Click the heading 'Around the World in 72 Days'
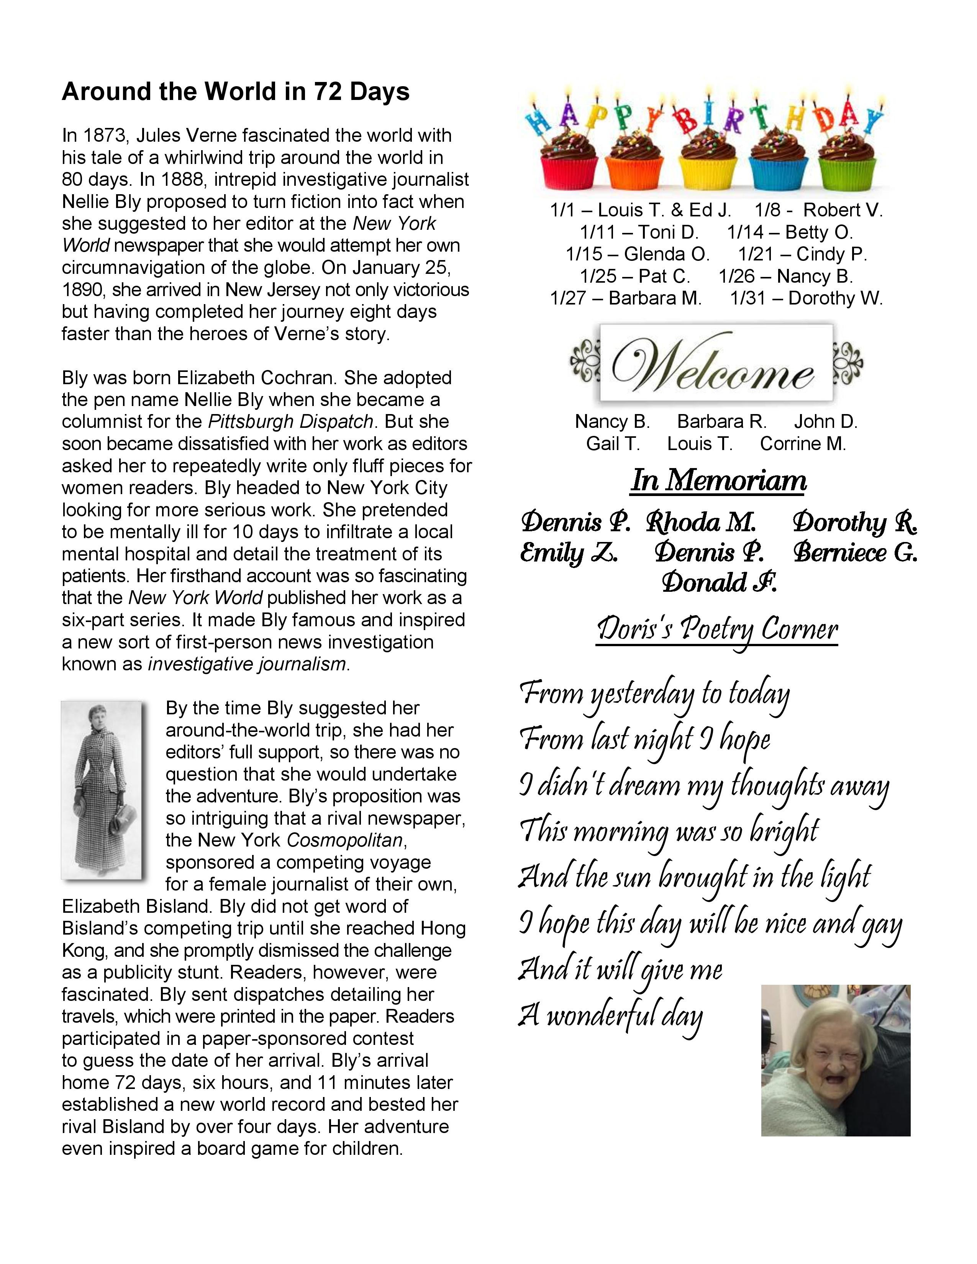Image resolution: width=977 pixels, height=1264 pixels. coord(236,92)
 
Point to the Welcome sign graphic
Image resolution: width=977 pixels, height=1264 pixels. coord(716,363)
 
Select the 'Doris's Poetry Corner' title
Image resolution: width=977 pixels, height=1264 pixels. coord(717,630)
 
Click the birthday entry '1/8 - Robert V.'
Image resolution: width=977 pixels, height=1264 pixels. coord(818,210)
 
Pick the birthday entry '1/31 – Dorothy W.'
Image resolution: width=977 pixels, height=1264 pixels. coord(806,299)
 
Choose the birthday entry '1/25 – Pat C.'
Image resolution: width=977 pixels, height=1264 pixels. coord(635,277)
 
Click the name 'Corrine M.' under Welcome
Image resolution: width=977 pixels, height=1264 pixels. coord(803,444)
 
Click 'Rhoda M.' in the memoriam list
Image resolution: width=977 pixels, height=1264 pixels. coord(701,522)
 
